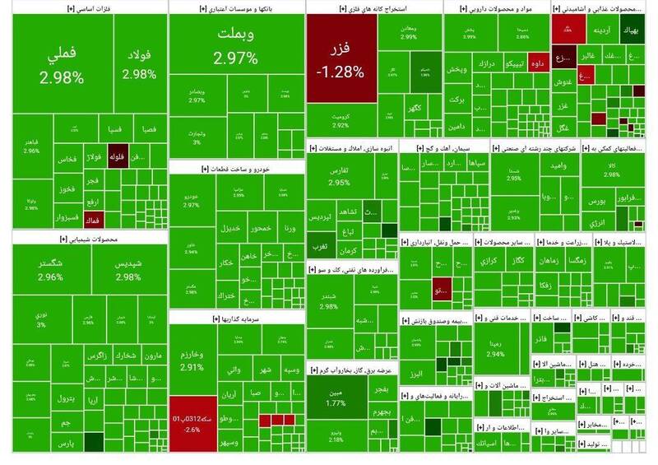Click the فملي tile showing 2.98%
click(62, 66)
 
